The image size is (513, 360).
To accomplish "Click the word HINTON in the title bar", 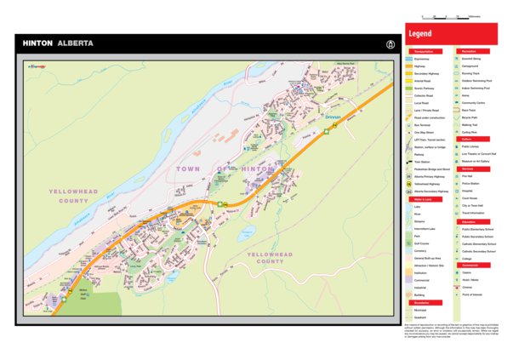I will click(37, 43).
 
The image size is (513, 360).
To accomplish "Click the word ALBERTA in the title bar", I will click(76, 43).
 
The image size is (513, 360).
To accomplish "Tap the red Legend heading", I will click(421, 34).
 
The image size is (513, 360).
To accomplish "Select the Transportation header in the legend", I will click(423, 50).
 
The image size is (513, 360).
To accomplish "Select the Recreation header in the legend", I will click(469, 50).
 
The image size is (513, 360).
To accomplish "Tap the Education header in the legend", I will click(469, 221).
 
